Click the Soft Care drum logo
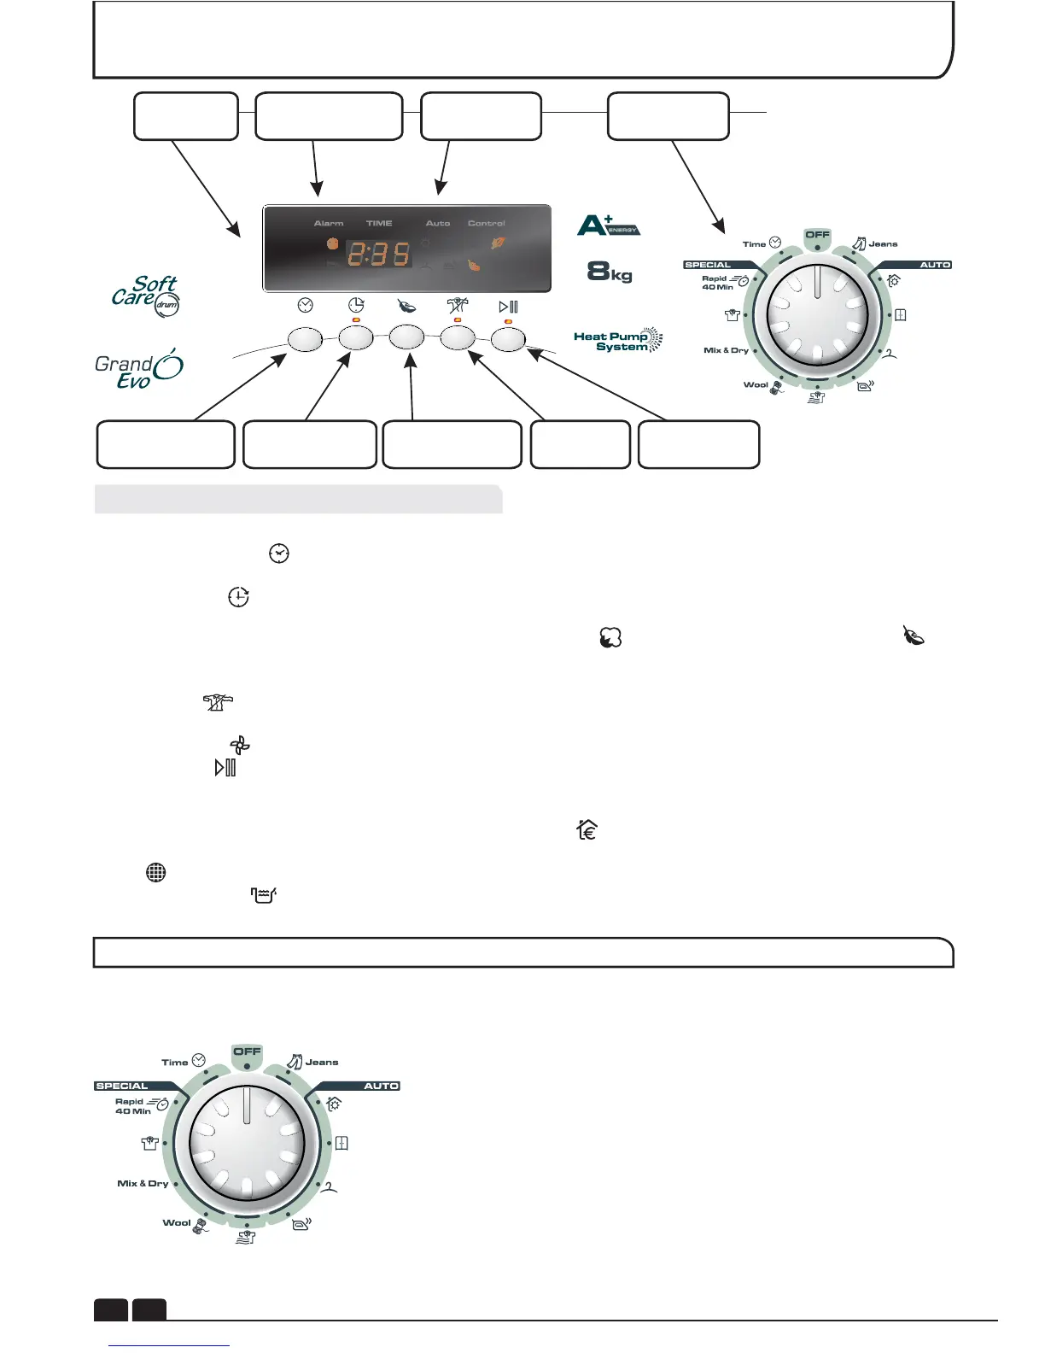[x=146, y=295]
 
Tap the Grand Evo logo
[x=138, y=370]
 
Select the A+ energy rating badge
[x=608, y=225]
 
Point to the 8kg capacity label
[x=610, y=272]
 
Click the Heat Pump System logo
[x=617, y=341]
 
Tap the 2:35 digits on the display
[x=378, y=254]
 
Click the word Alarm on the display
[x=329, y=223]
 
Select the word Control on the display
[x=486, y=223]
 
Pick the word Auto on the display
[x=438, y=223]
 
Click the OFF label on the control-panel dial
[x=817, y=234]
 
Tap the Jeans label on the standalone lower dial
[x=322, y=1063]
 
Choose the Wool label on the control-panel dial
[x=756, y=384]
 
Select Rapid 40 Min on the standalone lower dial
[x=133, y=1106]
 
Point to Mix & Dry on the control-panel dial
[x=726, y=350]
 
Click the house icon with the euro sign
[x=587, y=829]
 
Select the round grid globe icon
[x=155, y=872]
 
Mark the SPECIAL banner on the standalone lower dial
[x=122, y=1086]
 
